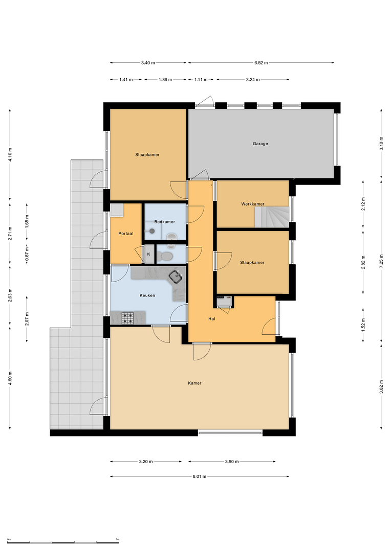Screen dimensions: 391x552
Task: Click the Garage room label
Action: click(260, 144)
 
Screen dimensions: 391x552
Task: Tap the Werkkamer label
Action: click(253, 204)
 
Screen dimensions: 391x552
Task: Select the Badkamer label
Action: click(165, 222)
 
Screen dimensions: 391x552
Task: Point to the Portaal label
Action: click(126, 234)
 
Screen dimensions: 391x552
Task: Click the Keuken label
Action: click(147, 295)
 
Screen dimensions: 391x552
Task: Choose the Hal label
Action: click(212, 319)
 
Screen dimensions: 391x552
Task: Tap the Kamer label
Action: click(194, 383)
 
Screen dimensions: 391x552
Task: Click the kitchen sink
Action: click(176, 277)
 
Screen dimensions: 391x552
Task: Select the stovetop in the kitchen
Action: click(127, 318)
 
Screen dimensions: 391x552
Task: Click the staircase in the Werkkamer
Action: click(272, 217)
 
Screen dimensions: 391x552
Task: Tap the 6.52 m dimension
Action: click(261, 63)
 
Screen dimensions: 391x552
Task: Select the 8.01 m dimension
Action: click(200, 476)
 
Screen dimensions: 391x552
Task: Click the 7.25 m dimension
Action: click(381, 261)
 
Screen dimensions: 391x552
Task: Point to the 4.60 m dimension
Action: click(10, 378)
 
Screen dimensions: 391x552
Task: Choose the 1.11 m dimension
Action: click(201, 80)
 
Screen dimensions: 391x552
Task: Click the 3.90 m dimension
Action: click(232, 462)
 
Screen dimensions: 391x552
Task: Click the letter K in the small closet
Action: click(149, 254)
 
